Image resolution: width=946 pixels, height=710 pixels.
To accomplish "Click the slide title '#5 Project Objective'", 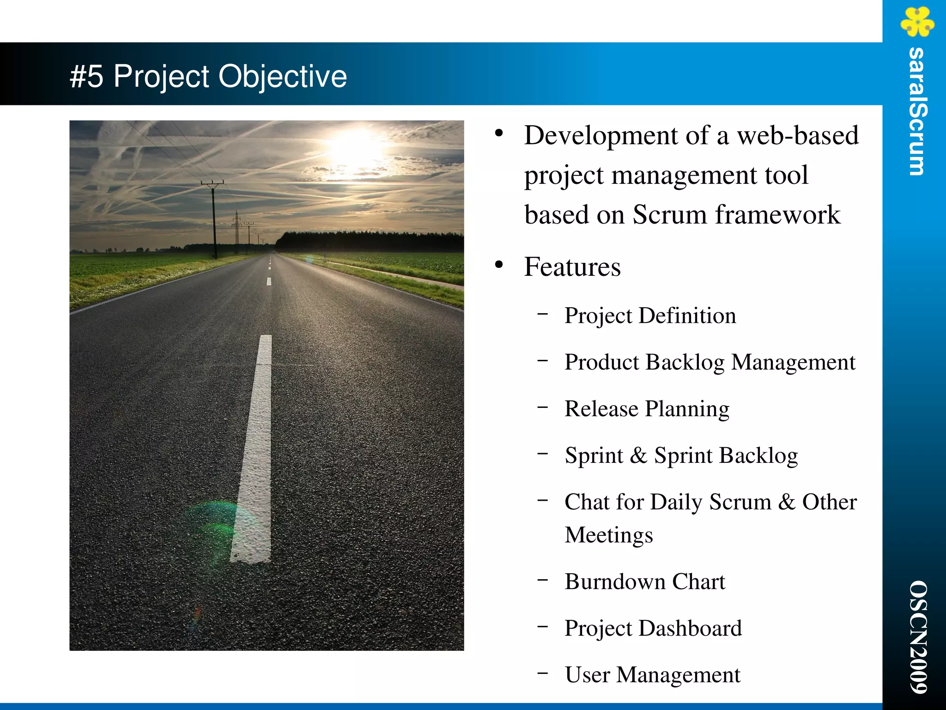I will point(208,76).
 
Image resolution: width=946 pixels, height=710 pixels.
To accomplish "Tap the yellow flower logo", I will point(917,22).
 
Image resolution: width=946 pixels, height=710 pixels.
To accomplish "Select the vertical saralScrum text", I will point(917,111).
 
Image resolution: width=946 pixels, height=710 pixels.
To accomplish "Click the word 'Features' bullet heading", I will point(572,267).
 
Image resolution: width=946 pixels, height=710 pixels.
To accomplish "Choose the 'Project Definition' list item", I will point(650,316).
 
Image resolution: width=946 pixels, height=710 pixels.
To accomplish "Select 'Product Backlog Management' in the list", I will point(709,362).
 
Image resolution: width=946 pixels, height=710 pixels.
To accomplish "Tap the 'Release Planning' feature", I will point(647,409).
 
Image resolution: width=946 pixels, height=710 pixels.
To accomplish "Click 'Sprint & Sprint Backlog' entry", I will point(681,455).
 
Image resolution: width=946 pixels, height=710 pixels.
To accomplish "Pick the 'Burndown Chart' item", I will point(645,582).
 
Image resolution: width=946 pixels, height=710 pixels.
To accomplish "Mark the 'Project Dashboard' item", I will point(653,628).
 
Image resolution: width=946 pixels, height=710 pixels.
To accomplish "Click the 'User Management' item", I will point(652,675).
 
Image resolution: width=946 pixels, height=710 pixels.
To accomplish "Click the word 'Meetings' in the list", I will point(608,535).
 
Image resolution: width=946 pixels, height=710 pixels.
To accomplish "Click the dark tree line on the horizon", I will point(370,242).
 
